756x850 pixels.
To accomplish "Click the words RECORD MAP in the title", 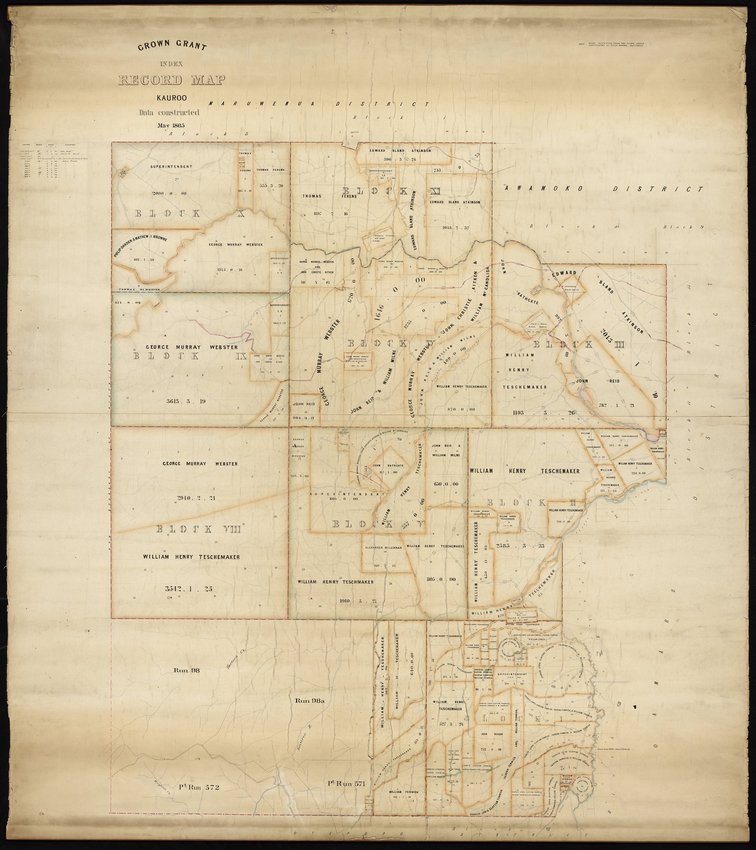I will coord(172,80).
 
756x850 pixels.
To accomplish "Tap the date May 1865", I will coord(171,125).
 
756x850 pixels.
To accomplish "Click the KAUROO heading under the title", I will coord(171,98).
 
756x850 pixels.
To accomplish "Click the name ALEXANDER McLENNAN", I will coord(382,548).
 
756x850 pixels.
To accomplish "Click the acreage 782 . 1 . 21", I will coord(616,405).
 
